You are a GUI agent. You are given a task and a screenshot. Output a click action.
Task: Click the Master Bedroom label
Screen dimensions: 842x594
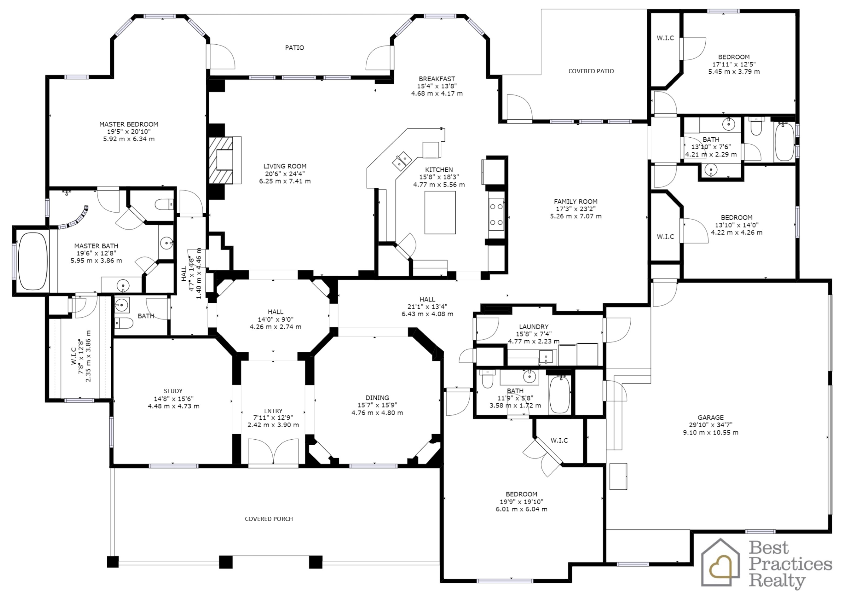coord(129,124)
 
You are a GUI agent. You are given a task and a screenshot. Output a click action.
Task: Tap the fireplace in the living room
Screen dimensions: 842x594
coord(225,160)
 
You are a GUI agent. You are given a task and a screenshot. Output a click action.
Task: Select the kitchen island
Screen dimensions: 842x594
coord(440,213)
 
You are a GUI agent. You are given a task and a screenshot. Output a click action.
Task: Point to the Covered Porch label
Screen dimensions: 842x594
coord(269,519)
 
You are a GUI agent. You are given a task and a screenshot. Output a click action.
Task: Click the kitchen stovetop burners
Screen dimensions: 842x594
coord(496,214)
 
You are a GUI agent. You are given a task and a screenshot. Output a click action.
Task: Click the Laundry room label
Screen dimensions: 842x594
coord(534,327)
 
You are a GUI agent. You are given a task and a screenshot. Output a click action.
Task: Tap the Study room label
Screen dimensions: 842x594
coord(173,391)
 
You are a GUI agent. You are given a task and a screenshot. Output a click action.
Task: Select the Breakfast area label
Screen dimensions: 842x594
coord(437,79)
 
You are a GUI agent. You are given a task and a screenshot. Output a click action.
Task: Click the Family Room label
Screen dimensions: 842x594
coord(575,201)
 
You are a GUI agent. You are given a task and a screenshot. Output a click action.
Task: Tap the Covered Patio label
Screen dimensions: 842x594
coord(591,71)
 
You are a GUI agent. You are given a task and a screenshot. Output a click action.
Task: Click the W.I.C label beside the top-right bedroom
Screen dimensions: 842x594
coord(665,38)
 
